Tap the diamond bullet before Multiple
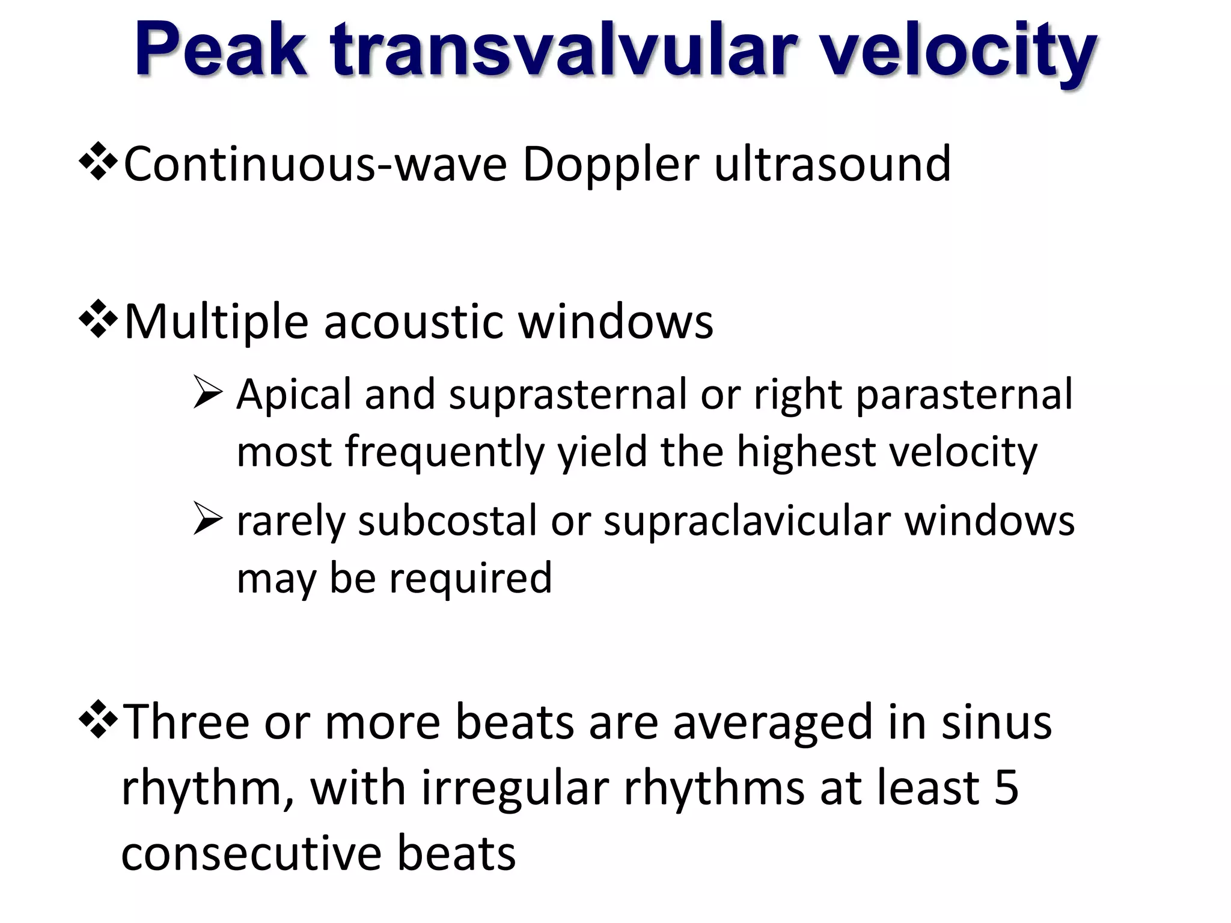(98, 321)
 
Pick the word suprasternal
(567, 395)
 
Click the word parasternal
(964, 395)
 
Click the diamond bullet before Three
(98, 720)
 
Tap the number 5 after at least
(1006, 787)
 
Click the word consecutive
(251, 853)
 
